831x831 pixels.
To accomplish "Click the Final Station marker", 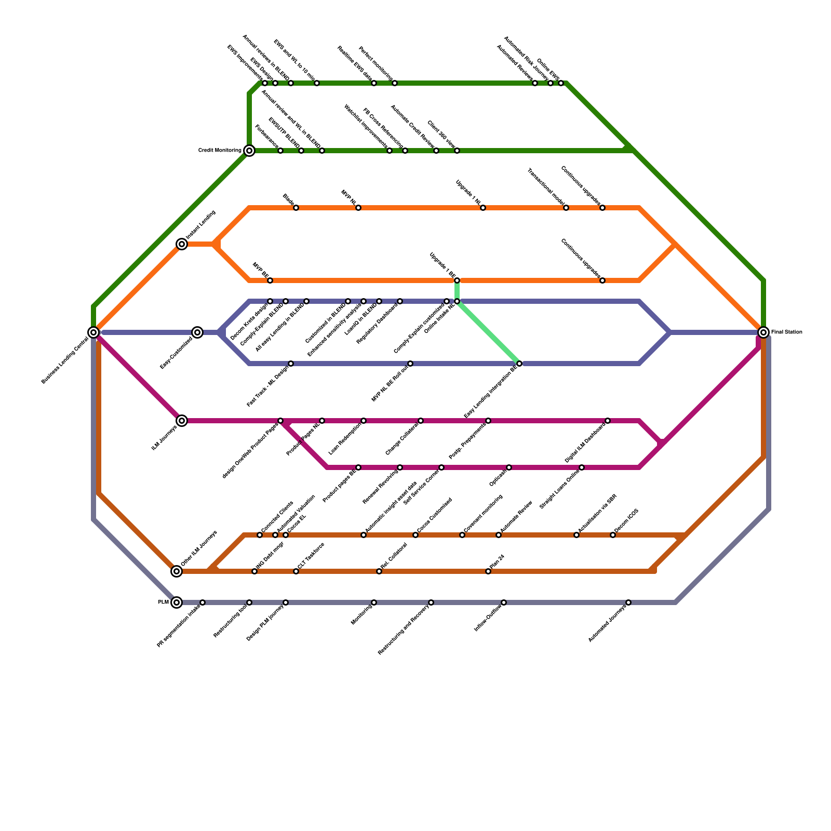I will point(763,332).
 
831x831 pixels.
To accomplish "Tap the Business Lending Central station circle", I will point(93,332).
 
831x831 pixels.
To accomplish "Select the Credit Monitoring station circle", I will point(249,151).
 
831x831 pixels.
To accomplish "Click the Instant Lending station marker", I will point(182,244).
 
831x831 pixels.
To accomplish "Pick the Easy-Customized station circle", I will point(197,332).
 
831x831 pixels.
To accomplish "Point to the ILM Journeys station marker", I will point(182,421).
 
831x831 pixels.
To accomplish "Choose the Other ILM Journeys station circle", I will point(177,571).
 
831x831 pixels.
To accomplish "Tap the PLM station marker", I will point(177,602).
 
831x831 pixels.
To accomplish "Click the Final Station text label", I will point(787,332).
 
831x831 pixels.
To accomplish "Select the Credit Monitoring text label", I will point(220,151).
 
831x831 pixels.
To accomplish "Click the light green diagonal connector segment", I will point(488,332).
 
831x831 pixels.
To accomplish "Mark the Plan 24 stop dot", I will point(488,571).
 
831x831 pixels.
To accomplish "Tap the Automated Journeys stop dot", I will point(628,602).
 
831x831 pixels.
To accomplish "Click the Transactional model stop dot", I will point(566,208).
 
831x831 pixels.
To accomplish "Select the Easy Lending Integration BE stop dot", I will point(519,364).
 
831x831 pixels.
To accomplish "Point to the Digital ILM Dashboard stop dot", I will point(608,421).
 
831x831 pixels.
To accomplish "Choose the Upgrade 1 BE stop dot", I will point(457,280).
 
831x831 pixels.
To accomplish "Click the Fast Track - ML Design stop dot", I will point(291,364).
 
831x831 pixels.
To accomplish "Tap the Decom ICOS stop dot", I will point(613,535).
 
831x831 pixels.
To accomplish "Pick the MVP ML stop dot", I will point(358,208).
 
